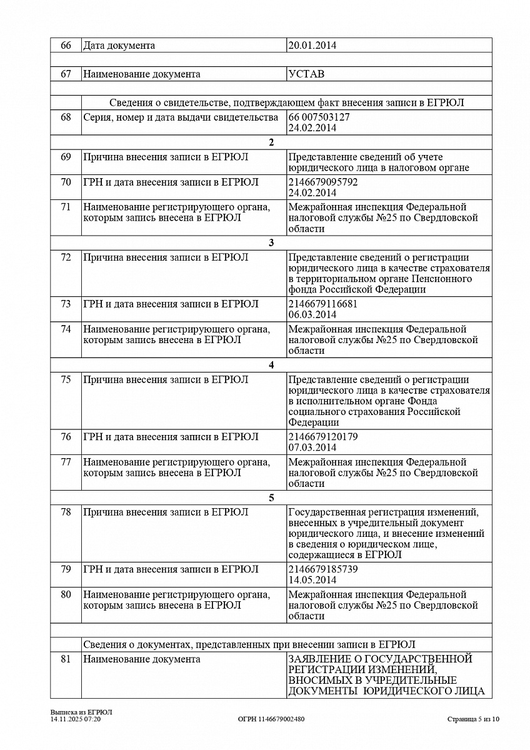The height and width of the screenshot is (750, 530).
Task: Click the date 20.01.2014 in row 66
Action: coord(312,46)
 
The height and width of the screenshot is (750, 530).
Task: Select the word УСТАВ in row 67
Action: coord(306,74)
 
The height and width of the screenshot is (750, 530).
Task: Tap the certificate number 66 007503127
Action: coord(319,117)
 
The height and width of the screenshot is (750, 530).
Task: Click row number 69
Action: coord(66,157)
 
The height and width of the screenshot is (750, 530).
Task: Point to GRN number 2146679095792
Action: coord(323,182)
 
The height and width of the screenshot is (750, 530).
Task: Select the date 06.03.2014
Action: coord(312,315)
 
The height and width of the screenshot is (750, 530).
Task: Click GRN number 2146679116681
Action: coord(323,304)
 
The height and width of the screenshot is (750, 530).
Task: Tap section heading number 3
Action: coord(271,243)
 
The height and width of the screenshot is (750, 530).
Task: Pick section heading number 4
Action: coord(271,366)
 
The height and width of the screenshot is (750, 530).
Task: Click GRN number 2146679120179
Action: coord(323,437)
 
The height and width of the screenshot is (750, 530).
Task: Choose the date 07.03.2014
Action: coord(312,447)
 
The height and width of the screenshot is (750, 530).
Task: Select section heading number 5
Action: coord(271,498)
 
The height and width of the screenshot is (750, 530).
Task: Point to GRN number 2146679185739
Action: coord(323,569)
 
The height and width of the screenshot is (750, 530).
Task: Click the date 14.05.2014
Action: coord(312,580)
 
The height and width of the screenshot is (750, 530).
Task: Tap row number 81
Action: coord(66,659)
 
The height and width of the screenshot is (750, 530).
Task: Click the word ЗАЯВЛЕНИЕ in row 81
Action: coord(319,659)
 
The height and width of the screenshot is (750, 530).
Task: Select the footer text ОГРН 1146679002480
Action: coord(271,719)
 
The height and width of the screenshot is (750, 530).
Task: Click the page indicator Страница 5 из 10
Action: coord(474,719)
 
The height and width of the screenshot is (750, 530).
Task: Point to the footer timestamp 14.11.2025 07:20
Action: coord(76,719)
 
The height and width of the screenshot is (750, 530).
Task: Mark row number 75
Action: coord(66,380)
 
